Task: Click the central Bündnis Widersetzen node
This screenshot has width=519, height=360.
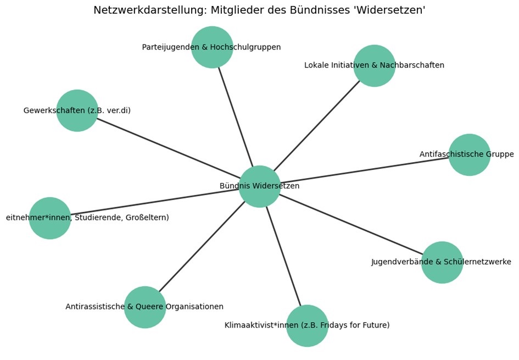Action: tap(259, 186)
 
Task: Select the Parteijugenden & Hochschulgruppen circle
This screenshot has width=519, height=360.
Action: tap(211, 47)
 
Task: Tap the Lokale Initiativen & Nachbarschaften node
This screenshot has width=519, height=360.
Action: tap(374, 65)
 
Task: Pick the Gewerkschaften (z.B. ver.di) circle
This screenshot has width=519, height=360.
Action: tap(77, 110)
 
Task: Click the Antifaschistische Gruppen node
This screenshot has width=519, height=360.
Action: tap(469, 154)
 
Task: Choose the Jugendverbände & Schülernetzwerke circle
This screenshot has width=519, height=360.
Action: tap(442, 262)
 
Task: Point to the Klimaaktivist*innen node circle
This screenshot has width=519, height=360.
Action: tap(307, 325)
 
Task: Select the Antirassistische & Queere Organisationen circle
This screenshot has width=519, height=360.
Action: tap(144, 307)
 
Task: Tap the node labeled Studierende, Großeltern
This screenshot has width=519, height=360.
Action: tap(49, 218)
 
